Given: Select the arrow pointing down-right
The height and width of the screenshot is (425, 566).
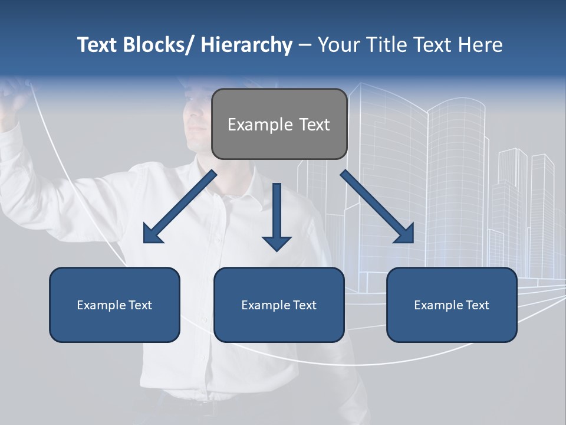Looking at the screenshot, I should [377, 207].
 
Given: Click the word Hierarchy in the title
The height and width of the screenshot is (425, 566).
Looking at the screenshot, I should [246, 45].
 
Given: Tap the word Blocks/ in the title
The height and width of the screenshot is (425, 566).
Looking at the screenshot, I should [157, 45].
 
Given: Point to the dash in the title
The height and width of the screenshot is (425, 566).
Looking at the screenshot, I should [305, 45].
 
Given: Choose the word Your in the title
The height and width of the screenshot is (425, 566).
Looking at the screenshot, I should [337, 45].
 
